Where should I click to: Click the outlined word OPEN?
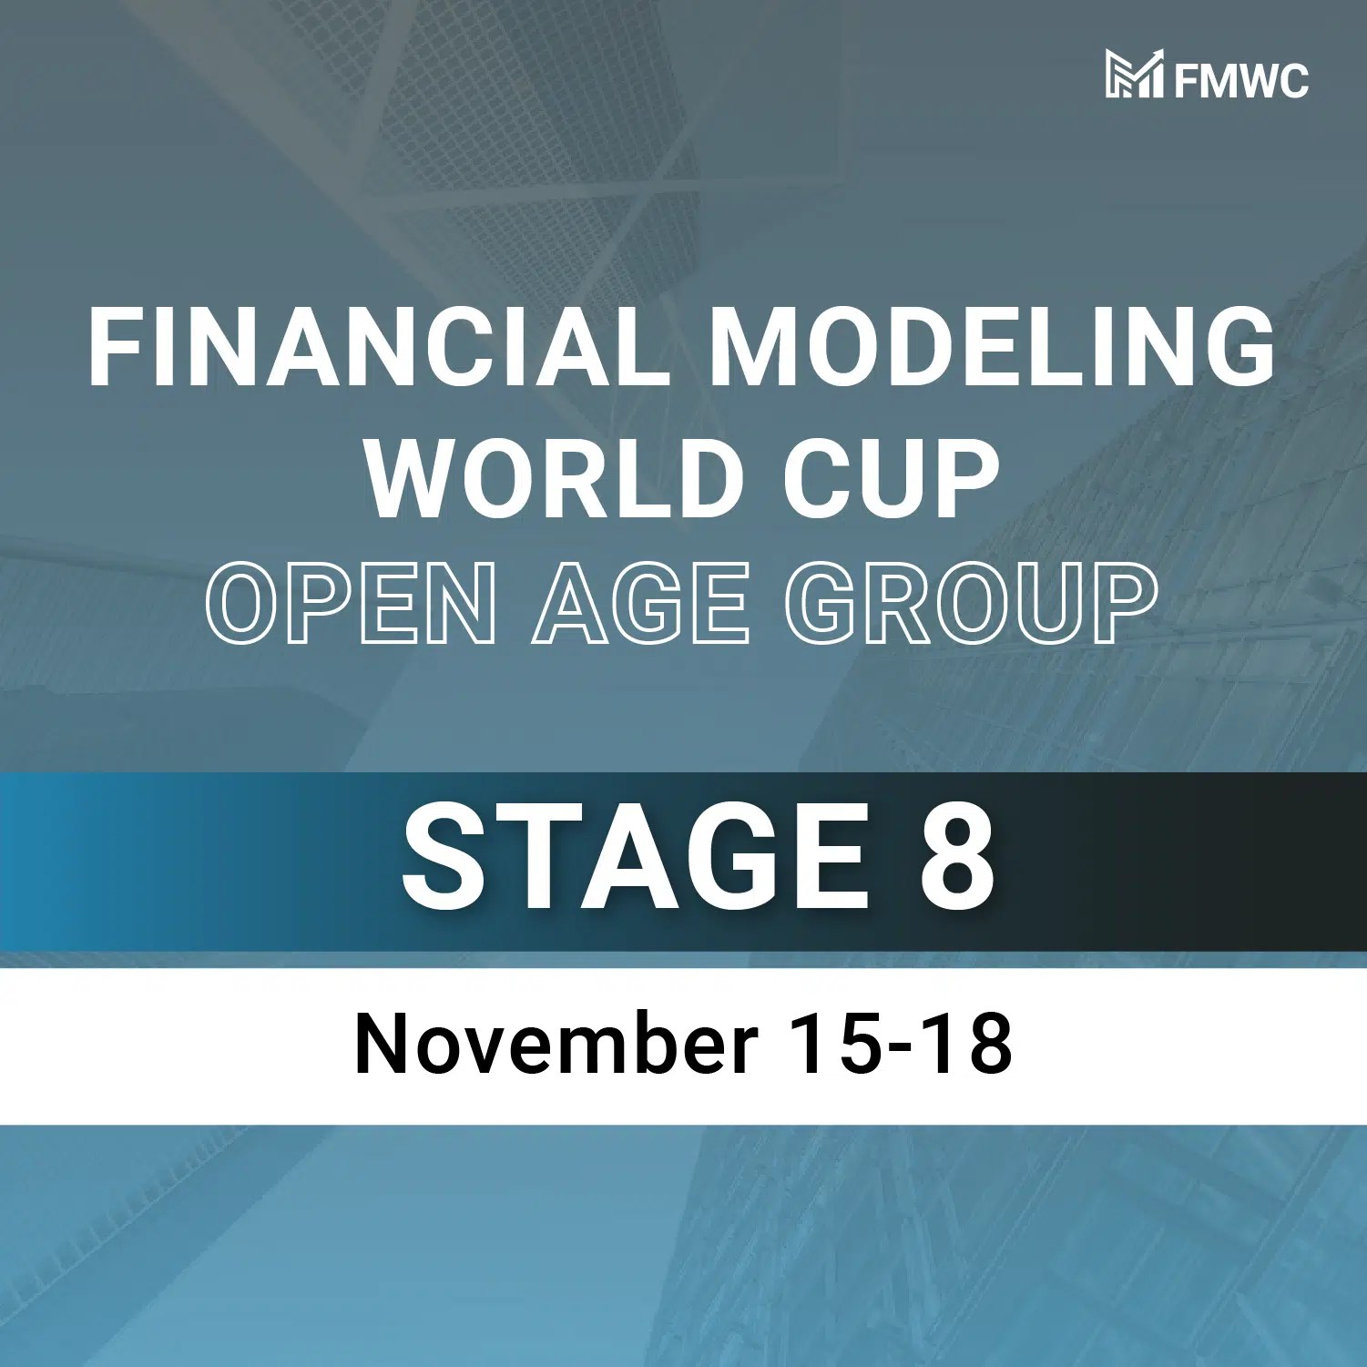352,603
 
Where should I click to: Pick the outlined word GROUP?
971,603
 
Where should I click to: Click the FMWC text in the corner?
1240,80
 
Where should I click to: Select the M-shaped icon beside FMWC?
1134,74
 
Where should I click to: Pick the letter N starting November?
381,1044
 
